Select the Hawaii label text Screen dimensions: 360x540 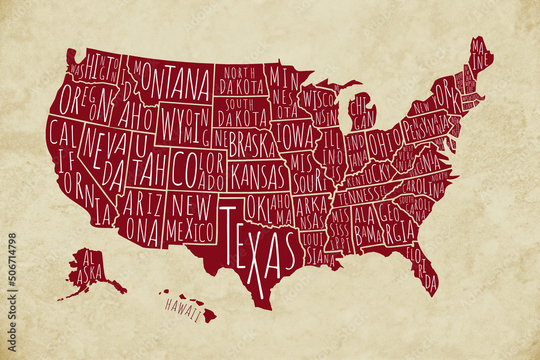(183, 310)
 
